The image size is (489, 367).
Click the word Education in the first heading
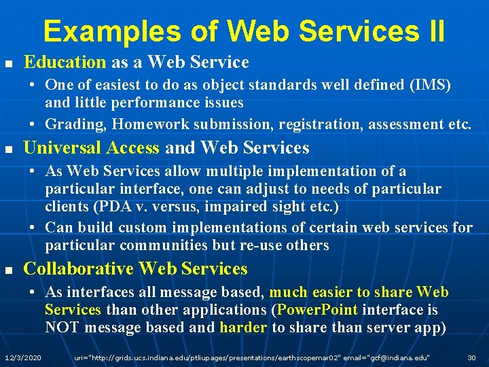(x=65, y=63)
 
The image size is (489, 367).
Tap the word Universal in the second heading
(x=57, y=148)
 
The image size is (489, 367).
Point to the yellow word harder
(x=243, y=328)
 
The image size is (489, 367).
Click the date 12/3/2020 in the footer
(x=23, y=357)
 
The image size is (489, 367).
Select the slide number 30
(x=471, y=357)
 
